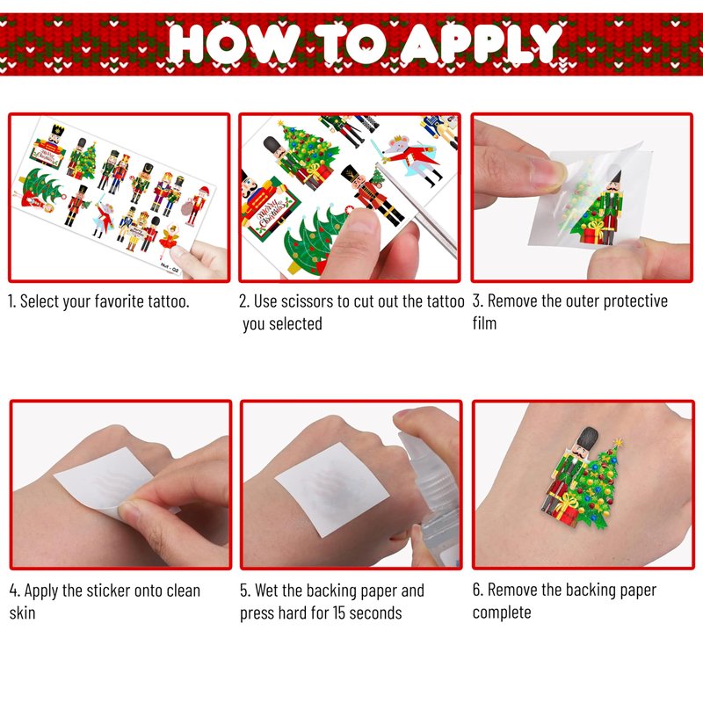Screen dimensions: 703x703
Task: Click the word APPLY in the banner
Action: point(480,43)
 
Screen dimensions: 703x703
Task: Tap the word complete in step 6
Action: point(502,612)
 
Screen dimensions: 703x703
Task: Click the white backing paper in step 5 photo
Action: point(332,489)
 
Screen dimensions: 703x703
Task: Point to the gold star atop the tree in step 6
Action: point(619,443)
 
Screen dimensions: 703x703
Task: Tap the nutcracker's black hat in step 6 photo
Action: point(587,438)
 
